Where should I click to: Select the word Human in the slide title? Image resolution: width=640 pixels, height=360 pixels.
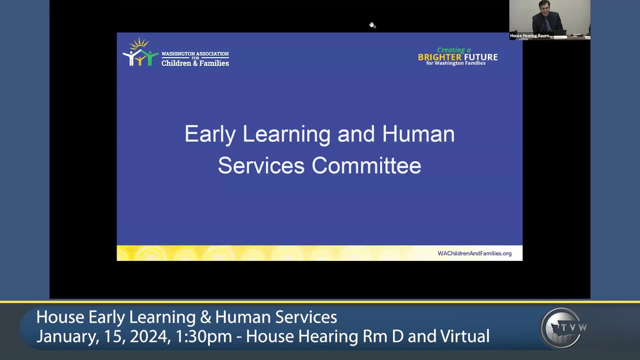point(418,134)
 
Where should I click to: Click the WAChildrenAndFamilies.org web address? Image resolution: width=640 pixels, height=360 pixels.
point(475,253)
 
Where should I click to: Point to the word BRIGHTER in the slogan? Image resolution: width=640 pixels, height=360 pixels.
point(440,57)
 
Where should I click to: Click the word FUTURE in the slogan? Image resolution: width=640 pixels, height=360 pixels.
point(481,57)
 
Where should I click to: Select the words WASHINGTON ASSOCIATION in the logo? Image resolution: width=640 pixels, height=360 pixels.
point(195,54)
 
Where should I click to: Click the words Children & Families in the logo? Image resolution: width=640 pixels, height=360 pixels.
point(195,63)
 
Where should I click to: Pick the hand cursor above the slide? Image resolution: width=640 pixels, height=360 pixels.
point(372,25)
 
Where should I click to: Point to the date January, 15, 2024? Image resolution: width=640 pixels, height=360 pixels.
point(104,336)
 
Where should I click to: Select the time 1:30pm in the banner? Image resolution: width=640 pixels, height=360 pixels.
point(203,336)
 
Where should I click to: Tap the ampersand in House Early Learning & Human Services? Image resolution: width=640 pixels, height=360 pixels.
point(206,317)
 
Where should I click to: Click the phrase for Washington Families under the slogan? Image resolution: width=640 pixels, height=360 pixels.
point(456,63)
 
